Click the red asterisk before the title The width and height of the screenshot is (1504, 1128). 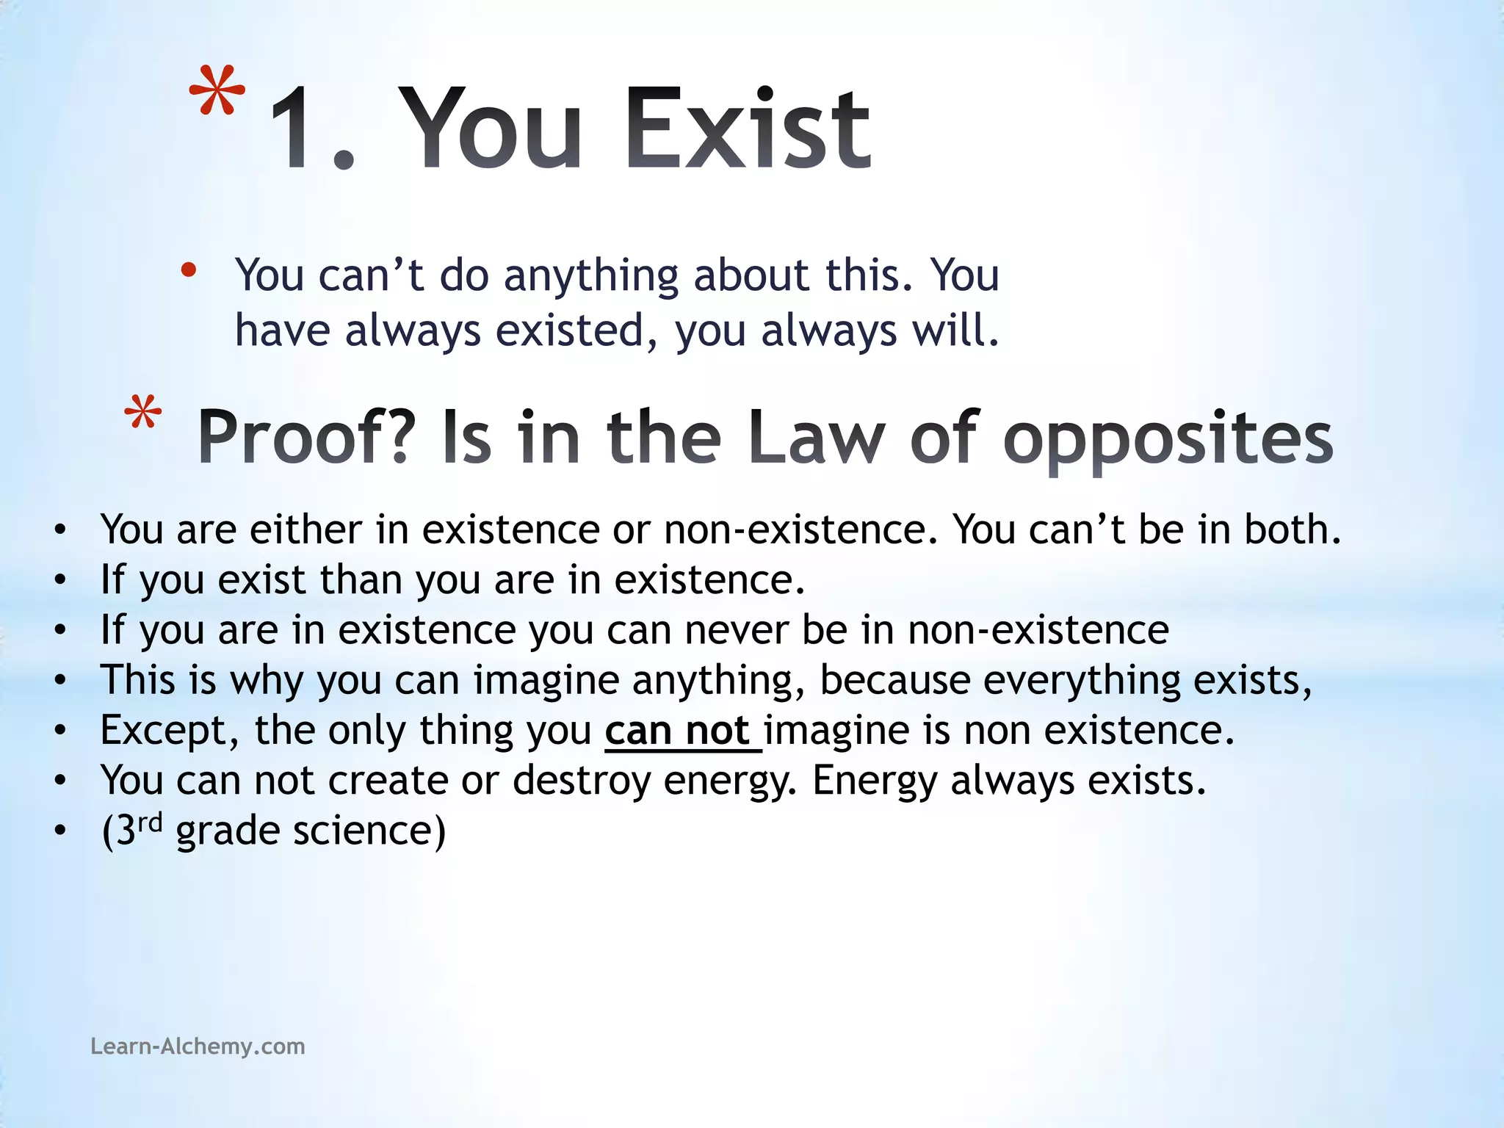click(x=217, y=93)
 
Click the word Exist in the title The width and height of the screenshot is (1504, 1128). click(x=748, y=129)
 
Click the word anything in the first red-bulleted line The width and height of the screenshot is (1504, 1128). click(x=591, y=276)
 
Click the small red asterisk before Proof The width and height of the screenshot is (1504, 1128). click(x=142, y=413)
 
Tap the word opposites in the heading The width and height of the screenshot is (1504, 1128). click(x=1168, y=439)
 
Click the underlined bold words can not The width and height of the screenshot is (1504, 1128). click(x=677, y=731)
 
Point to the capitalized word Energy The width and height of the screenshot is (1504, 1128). click(x=875, y=781)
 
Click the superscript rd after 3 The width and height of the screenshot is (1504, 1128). click(x=150, y=822)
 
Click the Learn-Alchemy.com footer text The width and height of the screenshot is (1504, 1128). click(x=198, y=1046)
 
